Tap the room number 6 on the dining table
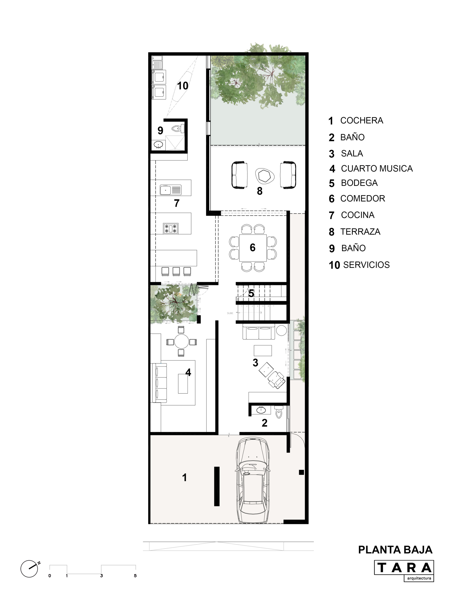tap(252, 247)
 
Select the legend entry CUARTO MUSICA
tap(376, 168)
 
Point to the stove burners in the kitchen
tap(170, 228)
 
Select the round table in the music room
tap(181, 342)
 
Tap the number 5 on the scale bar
tap(135, 576)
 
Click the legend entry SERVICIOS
tap(366, 265)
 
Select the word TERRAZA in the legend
tap(360, 231)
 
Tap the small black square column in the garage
tap(301, 472)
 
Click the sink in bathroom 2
tap(261, 410)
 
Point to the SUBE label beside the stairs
tap(230, 313)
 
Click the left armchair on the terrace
tap(239, 175)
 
